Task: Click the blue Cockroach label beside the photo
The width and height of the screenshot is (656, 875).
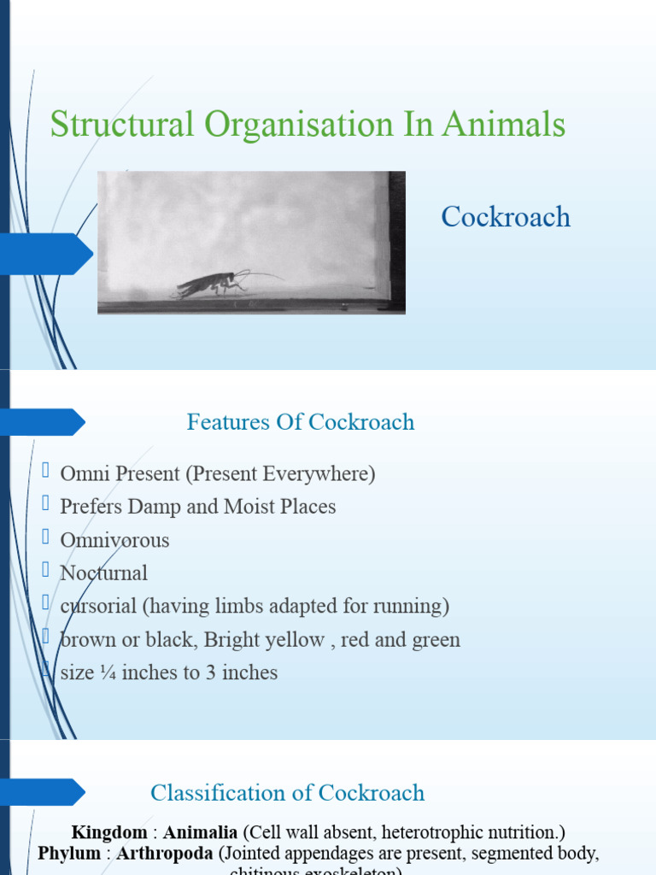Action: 506,217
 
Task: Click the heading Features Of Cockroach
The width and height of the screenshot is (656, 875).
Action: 301,422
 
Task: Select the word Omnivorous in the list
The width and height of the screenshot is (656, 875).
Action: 114,540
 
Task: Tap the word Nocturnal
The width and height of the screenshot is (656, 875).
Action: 103,573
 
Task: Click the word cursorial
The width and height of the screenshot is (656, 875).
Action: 97,607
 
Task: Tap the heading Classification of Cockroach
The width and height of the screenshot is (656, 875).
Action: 287,793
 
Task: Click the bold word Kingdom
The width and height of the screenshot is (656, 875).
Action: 108,832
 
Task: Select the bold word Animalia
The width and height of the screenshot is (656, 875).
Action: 202,832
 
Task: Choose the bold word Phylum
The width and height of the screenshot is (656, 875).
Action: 69,854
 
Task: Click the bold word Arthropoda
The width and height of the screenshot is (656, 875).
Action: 165,854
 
